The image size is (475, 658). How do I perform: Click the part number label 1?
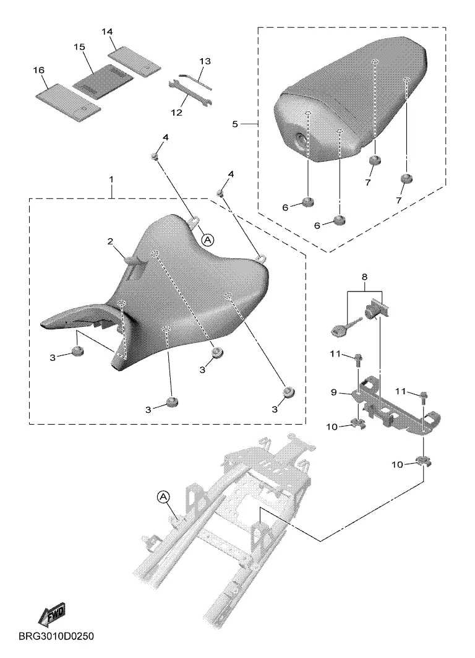pyautogui.click(x=111, y=179)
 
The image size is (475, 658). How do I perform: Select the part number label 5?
pyautogui.click(x=235, y=124)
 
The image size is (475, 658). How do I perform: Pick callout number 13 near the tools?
pyautogui.click(x=205, y=61)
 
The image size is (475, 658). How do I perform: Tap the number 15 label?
pyautogui.click(x=79, y=47)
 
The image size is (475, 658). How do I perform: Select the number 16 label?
pyautogui.click(x=38, y=71)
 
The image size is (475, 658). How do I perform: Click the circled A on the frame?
pyautogui.click(x=163, y=497)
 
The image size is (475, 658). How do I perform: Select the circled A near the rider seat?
pyautogui.click(x=208, y=238)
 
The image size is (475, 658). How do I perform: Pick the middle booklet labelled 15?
pyautogui.click(x=102, y=81)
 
